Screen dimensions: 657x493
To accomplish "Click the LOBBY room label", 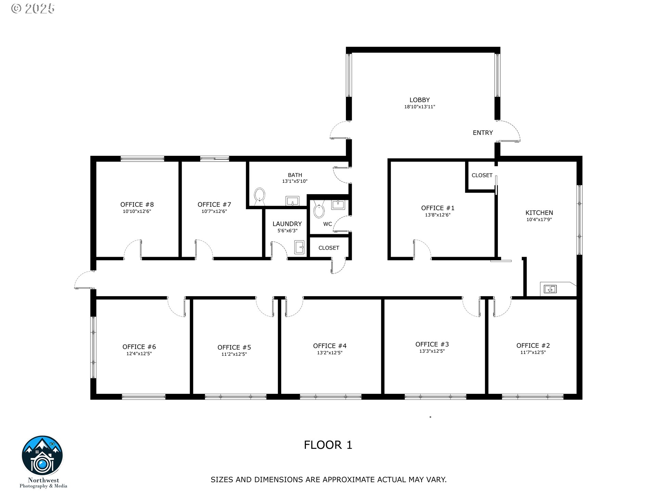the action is tap(420, 100).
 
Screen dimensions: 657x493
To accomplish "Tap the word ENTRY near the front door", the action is tap(483, 133).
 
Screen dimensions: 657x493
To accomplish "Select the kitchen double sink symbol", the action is tap(550, 289).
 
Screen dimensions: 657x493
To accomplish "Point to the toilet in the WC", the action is tap(319, 210).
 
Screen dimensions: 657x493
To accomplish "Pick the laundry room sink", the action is tap(299, 248).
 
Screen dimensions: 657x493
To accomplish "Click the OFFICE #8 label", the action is tap(137, 205).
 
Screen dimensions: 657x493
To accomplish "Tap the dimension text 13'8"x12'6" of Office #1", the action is tap(438, 215).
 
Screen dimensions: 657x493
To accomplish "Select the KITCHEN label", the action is tap(539, 213).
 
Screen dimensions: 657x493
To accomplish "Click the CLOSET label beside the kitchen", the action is tap(482, 175).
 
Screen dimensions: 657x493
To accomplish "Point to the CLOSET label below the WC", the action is tap(329, 248).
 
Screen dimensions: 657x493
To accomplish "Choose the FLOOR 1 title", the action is tap(328, 445).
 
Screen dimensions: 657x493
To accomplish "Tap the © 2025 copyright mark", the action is tap(33, 9).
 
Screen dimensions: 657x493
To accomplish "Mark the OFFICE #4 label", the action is tap(330, 346).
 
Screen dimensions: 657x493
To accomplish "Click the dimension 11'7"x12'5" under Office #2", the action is tap(533, 352).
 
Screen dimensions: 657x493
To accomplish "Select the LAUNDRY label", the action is tap(287, 224).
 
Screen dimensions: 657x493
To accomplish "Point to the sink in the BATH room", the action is tap(293, 201).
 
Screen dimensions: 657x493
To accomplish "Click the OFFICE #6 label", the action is tap(139, 347).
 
